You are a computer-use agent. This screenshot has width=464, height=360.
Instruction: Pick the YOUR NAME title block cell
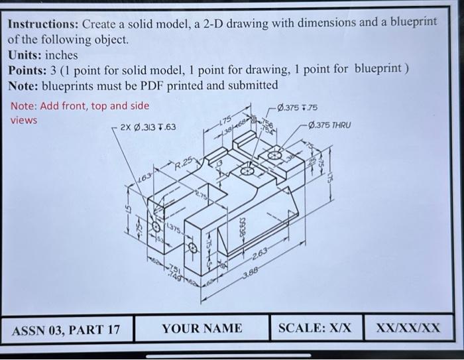(x=202, y=328)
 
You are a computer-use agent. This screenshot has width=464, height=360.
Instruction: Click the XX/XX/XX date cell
(x=408, y=328)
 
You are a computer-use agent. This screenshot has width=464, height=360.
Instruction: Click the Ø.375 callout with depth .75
(x=298, y=107)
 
